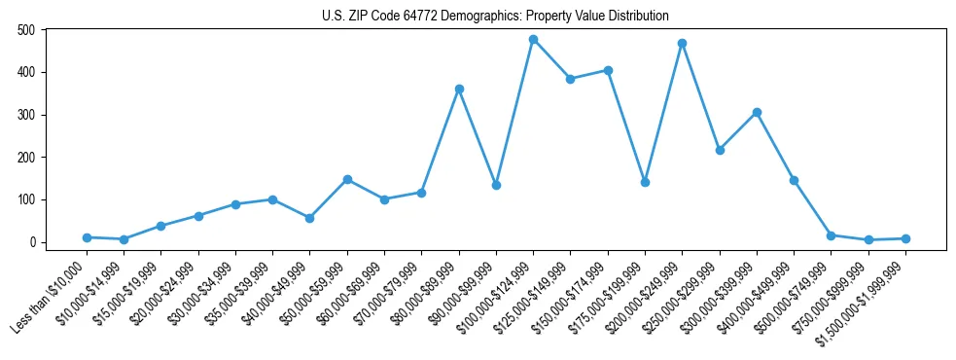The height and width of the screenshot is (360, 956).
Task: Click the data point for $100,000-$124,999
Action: tap(533, 40)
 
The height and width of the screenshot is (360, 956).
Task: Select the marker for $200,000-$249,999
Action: tap(682, 43)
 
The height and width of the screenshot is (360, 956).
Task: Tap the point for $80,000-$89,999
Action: tap(459, 89)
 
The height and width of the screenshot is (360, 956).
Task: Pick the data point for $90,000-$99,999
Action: tap(496, 185)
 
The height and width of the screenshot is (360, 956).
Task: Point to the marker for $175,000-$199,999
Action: tap(645, 182)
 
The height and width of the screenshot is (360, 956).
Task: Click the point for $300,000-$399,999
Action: tap(757, 112)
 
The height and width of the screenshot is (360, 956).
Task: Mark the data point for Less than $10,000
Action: tap(87, 237)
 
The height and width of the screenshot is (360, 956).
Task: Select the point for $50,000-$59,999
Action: tap(347, 179)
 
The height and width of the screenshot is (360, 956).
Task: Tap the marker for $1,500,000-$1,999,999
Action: tap(905, 238)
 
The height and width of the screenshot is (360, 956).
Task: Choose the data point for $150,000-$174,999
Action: tap(608, 70)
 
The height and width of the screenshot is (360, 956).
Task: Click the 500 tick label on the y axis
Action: tap(26, 30)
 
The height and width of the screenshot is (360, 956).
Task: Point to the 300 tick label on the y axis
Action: tap(26, 115)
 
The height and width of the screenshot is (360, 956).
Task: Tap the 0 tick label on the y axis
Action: tap(32, 242)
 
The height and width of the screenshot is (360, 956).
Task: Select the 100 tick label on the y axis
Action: tap(26, 199)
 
